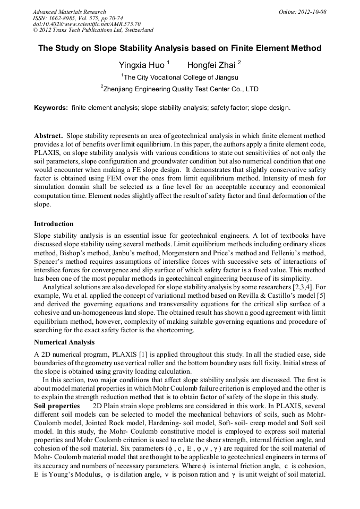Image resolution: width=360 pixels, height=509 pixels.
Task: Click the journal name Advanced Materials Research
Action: tap(69, 12)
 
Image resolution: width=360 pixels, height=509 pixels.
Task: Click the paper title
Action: tap(180, 48)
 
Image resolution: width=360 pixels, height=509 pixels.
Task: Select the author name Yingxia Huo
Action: tap(141, 65)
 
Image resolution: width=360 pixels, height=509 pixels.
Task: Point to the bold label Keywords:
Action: tap(51, 108)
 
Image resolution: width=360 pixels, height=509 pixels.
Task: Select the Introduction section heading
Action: tap(54, 223)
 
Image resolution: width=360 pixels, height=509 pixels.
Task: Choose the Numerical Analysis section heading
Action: tap(64, 342)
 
